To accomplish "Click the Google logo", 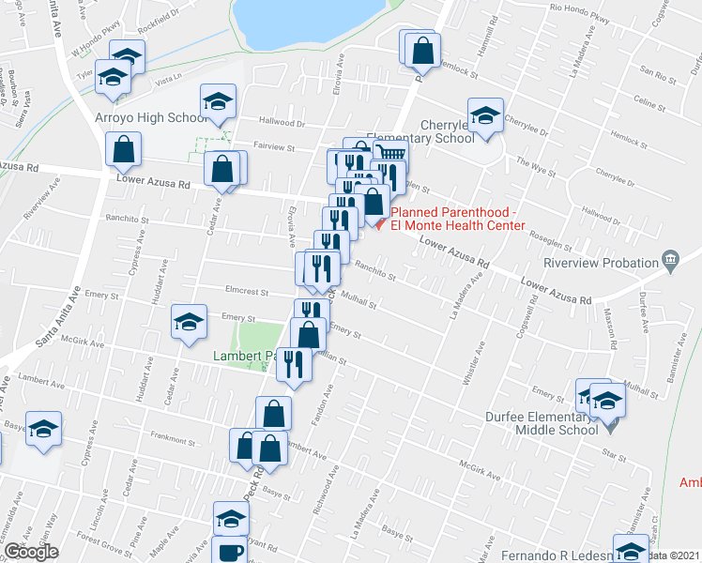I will click(x=31, y=552).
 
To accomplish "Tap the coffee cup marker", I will click(x=229, y=551).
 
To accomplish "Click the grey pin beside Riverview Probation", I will click(x=669, y=259).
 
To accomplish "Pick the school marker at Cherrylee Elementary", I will click(x=486, y=115).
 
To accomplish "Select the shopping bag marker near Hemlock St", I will click(x=423, y=52).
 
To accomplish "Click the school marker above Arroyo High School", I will click(x=218, y=101).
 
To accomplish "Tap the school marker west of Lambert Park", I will click(x=189, y=322).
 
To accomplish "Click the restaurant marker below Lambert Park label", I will click(x=294, y=365).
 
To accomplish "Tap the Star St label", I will click(x=615, y=454).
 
